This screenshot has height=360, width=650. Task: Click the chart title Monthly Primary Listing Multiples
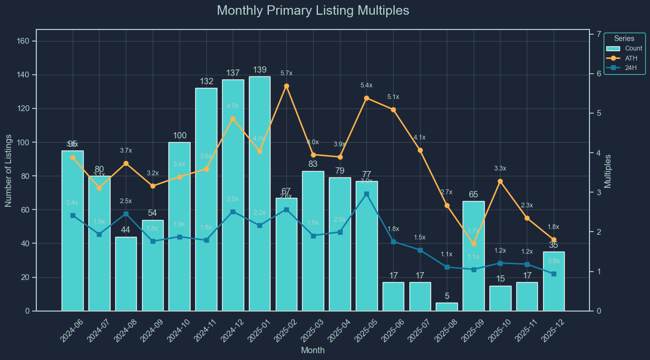click(x=313, y=11)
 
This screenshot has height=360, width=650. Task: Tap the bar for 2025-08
click(x=447, y=307)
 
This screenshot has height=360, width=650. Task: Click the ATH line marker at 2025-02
click(x=286, y=86)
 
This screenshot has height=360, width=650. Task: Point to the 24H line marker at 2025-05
click(x=367, y=194)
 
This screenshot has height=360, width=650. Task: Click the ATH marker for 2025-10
click(x=501, y=181)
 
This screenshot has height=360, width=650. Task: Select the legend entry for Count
click(x=624, y=48)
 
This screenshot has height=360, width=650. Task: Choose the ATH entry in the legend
click(x=624, y=58)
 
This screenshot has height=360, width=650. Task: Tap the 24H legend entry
click(x=624, y=67)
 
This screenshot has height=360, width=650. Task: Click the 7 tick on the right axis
click(x=598, y=34)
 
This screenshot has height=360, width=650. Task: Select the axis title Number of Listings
click(x=8, y=169)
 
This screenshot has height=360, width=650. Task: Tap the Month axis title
click(x=313, y=350)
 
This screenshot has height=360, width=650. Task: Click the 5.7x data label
click(x=286, y=73)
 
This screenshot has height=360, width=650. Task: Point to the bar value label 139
click(x=259, y=70)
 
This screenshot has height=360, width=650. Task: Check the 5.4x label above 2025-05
click(x=367, y=85)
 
